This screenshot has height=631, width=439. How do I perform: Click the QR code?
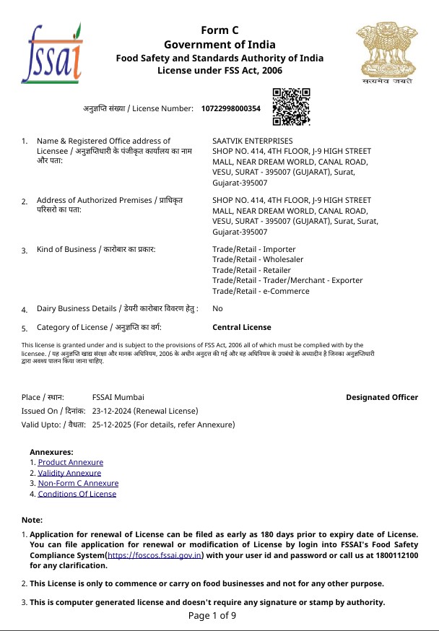point(291,107)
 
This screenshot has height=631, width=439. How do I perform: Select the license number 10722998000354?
point(230,108)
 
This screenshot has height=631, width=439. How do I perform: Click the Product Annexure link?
point(70,462)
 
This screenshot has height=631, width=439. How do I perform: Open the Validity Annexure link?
point(69,473)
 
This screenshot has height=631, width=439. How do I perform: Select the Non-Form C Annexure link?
point(78,483)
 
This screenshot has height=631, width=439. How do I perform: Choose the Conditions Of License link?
point(77,494)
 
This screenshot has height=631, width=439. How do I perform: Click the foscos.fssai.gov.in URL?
point(155,555)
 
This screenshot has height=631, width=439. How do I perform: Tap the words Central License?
point(242,327)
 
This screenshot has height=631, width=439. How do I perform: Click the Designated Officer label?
point(381,397)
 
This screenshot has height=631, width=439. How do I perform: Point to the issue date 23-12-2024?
point(112,410)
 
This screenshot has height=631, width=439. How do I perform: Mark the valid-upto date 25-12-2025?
point(112,425)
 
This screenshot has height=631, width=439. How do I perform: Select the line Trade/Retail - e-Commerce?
point(261,291)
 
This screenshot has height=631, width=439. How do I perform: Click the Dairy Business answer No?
point(217,308)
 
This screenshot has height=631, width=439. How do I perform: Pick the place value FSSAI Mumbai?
point(118,397)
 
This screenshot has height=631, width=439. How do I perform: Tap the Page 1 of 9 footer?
point(212,616)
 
